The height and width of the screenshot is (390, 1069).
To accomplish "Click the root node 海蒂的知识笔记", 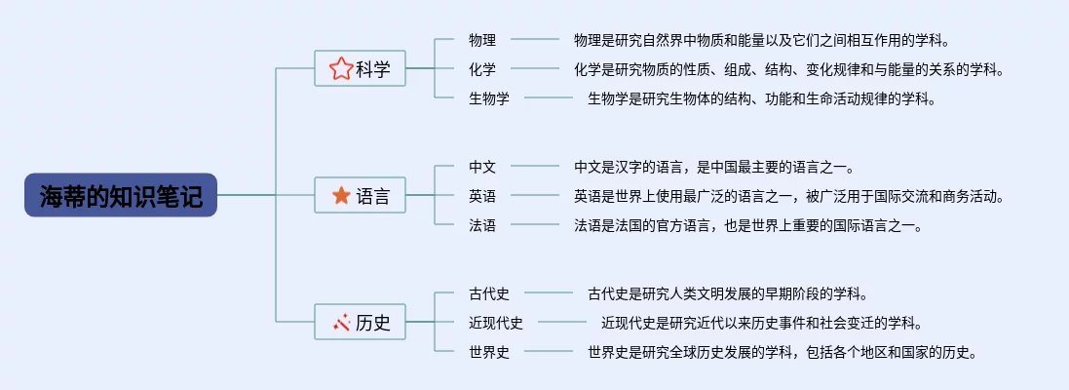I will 121,196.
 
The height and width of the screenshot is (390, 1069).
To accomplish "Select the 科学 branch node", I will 361,68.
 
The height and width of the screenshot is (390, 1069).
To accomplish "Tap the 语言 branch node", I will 361,196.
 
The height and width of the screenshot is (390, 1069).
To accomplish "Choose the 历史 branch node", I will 361,323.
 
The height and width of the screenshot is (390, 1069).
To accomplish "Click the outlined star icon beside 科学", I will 340,68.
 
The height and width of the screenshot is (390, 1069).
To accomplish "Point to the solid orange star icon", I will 340,196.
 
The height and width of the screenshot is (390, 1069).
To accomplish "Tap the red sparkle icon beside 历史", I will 340,323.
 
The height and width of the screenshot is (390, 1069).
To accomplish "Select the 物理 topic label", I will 482,40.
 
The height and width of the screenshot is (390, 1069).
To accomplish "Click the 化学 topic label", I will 482,68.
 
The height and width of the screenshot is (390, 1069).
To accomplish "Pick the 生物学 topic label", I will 489,97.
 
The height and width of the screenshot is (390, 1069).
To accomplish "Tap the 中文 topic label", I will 482,167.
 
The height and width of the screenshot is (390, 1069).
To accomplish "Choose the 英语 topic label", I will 482,196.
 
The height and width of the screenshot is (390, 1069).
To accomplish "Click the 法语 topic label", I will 482,225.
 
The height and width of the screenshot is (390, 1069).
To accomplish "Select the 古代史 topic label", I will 489,293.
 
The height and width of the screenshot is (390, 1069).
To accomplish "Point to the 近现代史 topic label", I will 496,323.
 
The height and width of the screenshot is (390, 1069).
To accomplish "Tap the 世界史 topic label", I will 489,352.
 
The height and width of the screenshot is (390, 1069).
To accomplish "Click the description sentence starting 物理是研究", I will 761,40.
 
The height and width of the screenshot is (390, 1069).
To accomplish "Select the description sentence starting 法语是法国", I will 747,225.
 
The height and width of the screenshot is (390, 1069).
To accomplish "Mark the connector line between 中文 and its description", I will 535,167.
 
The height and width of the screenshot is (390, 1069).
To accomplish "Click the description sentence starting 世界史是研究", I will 782,352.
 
